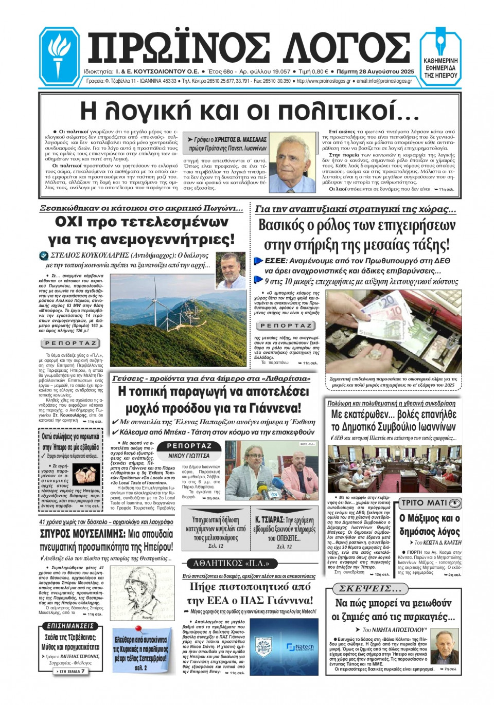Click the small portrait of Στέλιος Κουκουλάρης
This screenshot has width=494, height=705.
(230, 270)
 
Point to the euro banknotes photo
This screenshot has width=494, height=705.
(394, 332)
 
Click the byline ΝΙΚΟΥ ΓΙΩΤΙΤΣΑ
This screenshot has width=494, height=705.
(189, 456)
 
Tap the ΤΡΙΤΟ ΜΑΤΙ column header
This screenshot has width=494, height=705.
(430, 503)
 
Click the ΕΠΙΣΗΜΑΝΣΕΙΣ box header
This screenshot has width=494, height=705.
(70, 626)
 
